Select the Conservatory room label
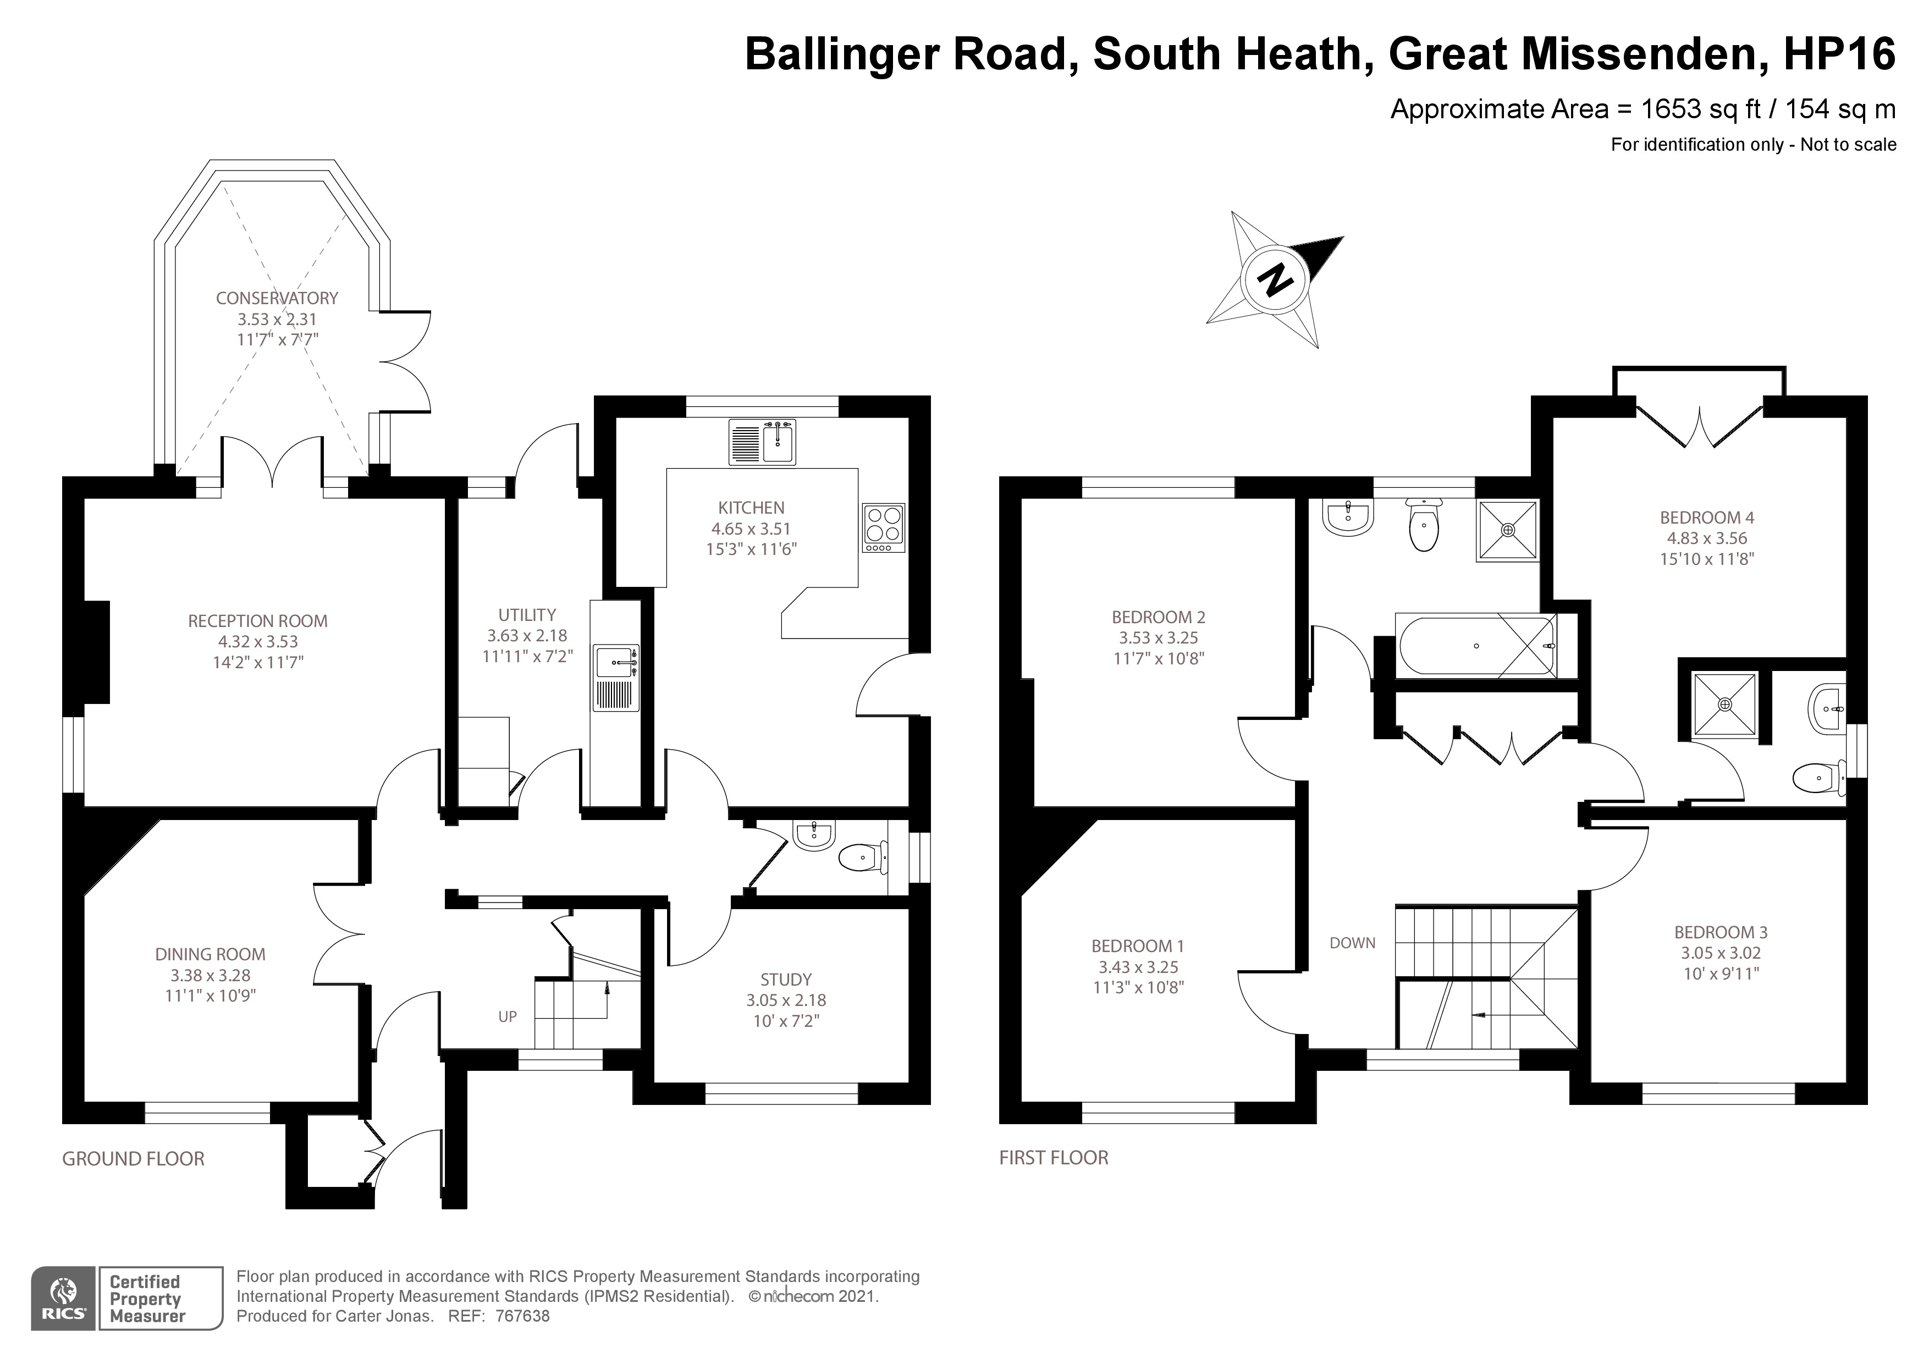point(277,298)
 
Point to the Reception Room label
point(257,621)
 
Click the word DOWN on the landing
point(1352,943)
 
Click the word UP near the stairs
point(508,1016)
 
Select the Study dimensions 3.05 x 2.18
point(786,1000)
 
